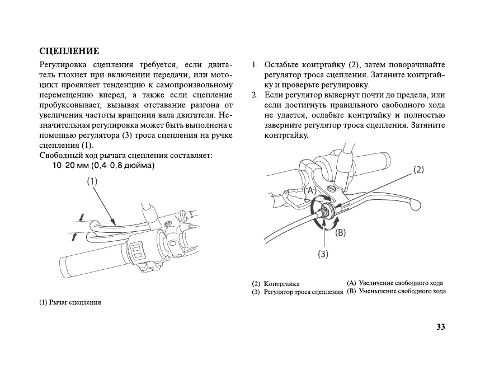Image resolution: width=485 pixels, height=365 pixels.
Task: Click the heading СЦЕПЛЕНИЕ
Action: click(x=69, y=52)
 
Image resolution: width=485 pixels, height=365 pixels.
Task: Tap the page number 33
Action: click(x=440, y=327)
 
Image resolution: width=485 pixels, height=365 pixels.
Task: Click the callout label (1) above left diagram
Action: click(x=92, y=181)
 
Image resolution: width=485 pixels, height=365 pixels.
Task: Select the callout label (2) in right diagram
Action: click(x=418, y=169)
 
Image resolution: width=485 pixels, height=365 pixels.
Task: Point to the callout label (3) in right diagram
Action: click(x=323, y=254)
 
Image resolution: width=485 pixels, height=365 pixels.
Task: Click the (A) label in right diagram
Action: click(x=310, y=190)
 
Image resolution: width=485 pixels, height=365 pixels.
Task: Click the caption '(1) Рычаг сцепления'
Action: click(x=70, y=303)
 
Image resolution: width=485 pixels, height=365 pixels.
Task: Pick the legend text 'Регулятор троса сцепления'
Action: click(x=303, y=292)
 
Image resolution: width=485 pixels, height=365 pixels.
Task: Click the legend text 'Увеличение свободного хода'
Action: click(x=401, y=283)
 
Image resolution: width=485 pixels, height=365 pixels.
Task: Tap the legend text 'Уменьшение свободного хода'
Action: click(x=402, y=291)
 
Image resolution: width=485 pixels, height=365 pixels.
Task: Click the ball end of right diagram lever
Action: click(x=413, y=206)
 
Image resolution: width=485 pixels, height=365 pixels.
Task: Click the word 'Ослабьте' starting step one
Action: click(x=282, y=64)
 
